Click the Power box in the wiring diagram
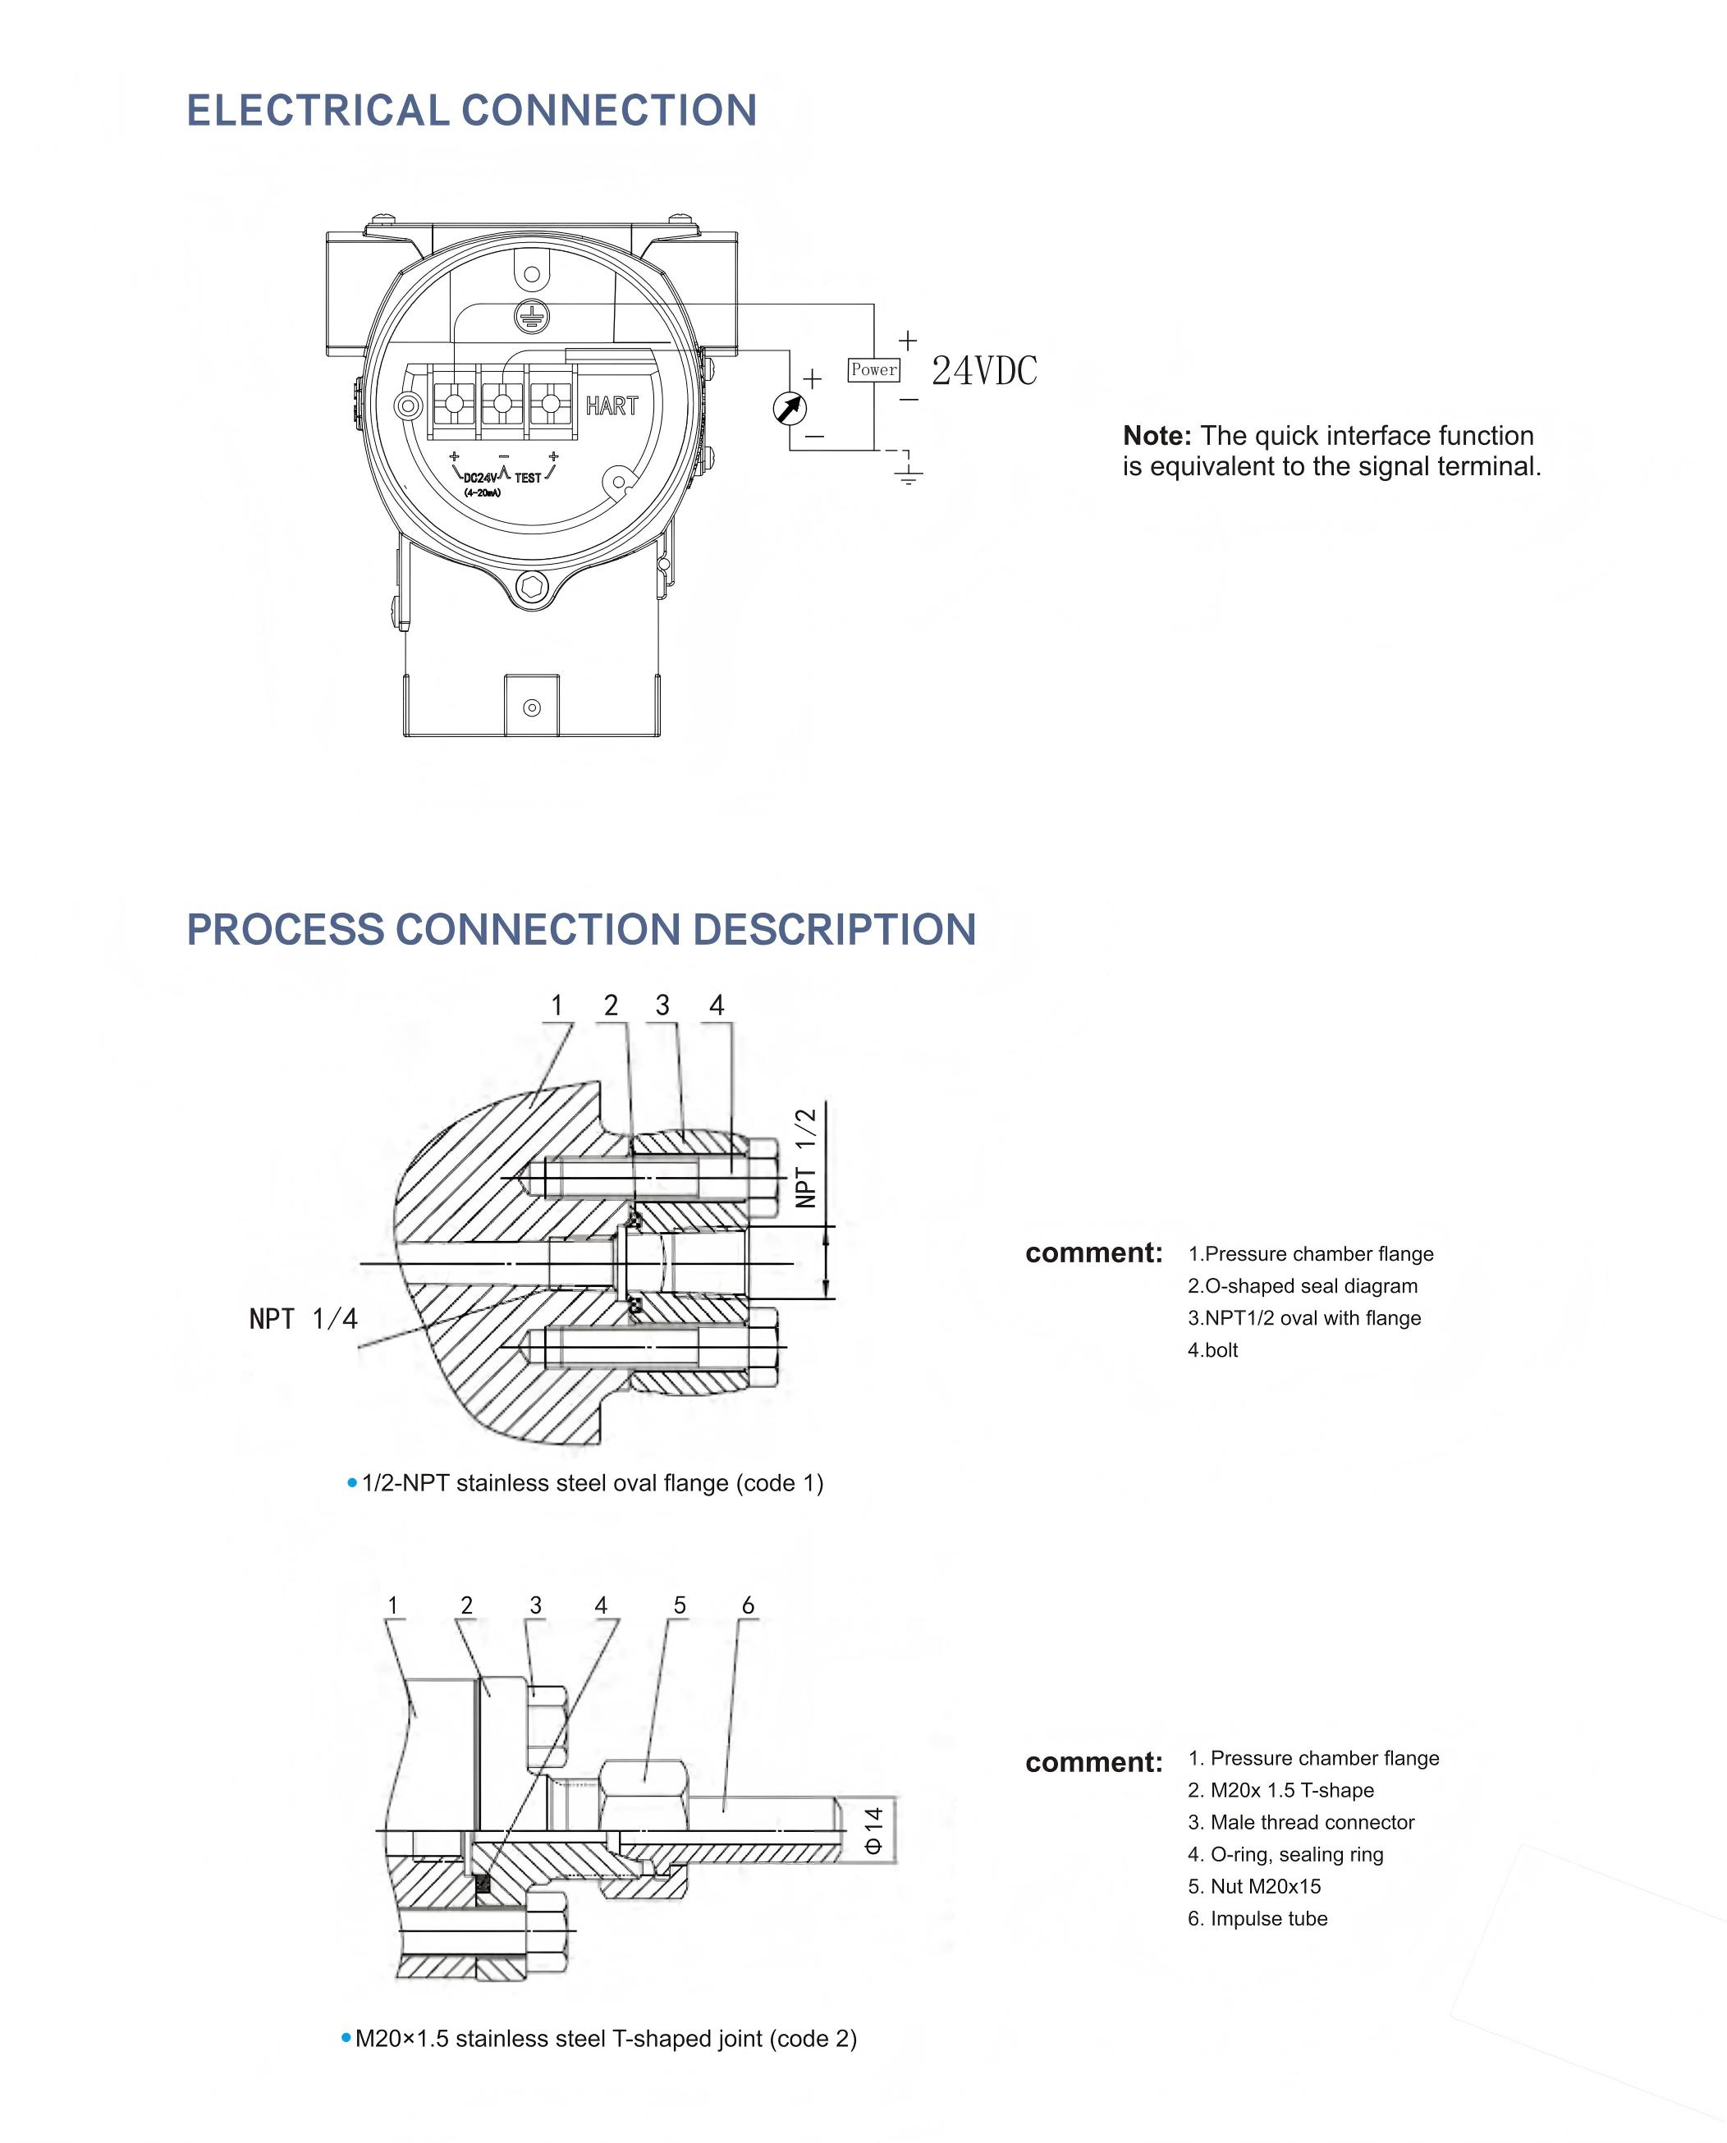pyautogui.click(x=873, y=370)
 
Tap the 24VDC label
pyautogui.click(x=984, y=371)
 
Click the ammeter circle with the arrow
pyautogui.click(x=790, y=408)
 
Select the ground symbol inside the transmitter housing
pyautogui.click(x=532, y=316)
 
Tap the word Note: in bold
pyautogui.click(x=1156, y=436)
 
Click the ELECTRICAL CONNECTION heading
pyautogui.click(x=471, y=111)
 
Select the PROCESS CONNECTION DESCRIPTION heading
pyautogui.click(x=581, y=929)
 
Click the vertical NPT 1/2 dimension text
pyautogui.click(x=807, y=1158)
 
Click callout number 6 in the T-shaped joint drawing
pyautogui.click(x=748, y=1605)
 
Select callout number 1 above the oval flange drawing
pyautogui.click(x=557, y=1005)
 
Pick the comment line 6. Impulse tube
pyautogui.click(x=1257, y=1918)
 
